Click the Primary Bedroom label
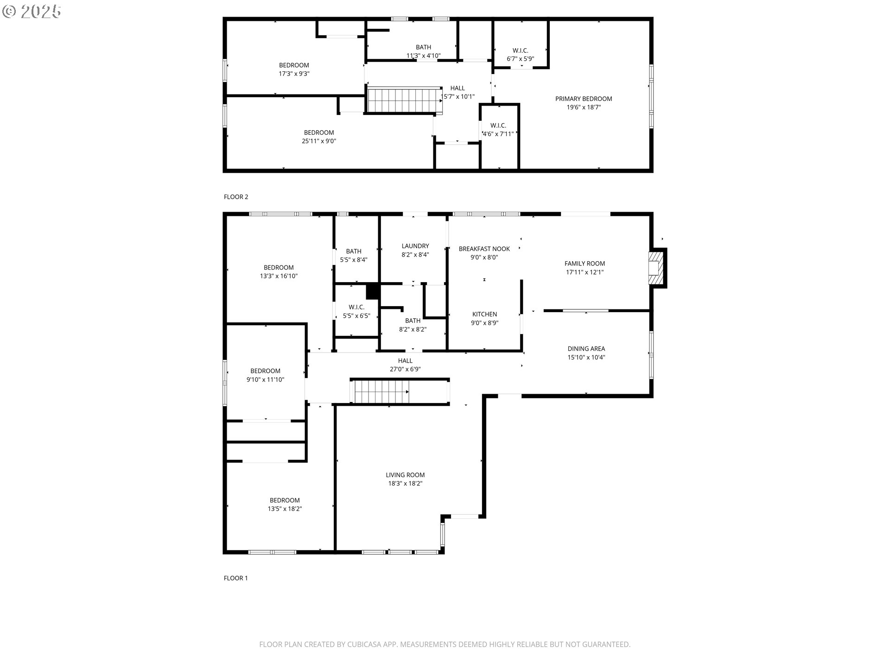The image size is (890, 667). pyautogui.click(x=584, y=99)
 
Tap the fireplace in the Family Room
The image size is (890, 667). pyautogui.click(x=656, y=268)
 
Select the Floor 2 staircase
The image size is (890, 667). pyautogui.click(x=405, y=101)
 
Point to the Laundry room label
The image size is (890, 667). pyautogui.click(x=415, y=246)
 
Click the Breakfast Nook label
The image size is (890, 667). pyautogui.click(x=484, y=249)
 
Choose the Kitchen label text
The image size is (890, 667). pyautogui.click(x=485, y=314)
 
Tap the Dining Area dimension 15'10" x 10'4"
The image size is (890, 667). pyautogui.click(x=586, y=357)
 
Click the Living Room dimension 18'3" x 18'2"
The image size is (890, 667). pyautogui.click(x=405, y=483)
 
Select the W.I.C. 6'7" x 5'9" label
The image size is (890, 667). pyautogui.click(x=521, y=55)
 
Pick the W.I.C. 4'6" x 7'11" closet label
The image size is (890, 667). pyautogui.click(x=498, y=130)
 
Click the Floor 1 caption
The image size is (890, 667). pyautogui.click(x=236, y=578)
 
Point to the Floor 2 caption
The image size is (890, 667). pyautogui.click(x=236, y=197)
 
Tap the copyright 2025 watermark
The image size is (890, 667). pyautogui.click(x=32, y=12)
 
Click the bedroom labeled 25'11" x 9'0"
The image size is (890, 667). pyautogui.click(x=319, y=137)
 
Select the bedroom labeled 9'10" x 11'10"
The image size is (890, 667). pyautogui.click(x=265, y=375)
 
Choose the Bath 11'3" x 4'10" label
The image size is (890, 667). pyautogui.click(x=424, y=51)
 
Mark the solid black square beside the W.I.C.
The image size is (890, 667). pyautogui.click(x=373, y=291)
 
